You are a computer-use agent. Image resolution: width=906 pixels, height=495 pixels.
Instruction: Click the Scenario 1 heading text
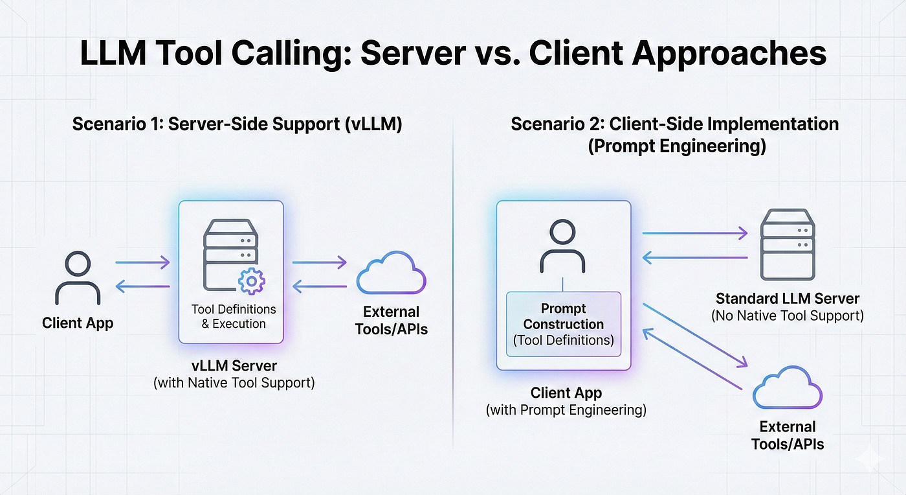(x=237, y=124)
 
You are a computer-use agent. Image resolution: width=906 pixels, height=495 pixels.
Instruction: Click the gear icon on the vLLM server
(x=251, y=282)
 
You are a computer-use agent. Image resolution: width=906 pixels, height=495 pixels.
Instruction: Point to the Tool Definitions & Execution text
(x=233, y=316)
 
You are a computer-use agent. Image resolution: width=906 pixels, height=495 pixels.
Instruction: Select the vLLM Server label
(x=234, y=365)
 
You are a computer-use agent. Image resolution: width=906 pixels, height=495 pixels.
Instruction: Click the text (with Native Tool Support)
(x=234, y=383)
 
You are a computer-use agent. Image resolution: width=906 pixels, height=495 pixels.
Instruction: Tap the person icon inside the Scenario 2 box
(x=563, y=246)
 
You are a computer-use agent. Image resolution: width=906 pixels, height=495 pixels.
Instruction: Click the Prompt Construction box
(x=563, y=324)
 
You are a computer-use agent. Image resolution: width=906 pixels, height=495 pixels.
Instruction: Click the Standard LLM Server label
(x=787, y=299)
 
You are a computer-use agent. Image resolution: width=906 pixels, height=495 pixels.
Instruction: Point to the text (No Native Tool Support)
(x=787, y=316)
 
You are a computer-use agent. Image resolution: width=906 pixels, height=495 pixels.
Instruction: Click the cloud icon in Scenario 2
(x=788, y=388)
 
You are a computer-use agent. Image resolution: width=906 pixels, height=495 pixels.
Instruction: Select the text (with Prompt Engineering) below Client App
(x=566, y=410)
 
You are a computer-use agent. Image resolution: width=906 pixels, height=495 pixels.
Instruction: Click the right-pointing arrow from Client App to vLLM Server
(x=142, y=262)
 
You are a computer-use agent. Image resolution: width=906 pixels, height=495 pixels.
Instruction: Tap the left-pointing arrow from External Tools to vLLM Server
(x=319, y=286)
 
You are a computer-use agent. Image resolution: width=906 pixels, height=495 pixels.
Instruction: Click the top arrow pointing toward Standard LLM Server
(x=694, y=233)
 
